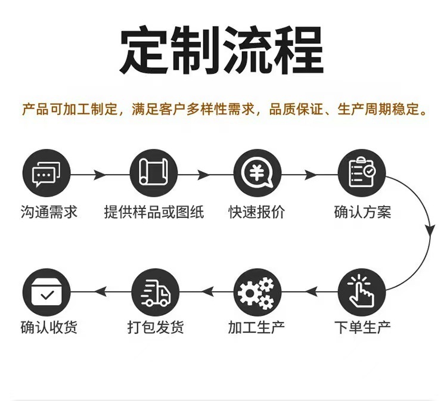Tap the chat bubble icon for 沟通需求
click(46, 175)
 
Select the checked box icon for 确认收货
click(46, 290)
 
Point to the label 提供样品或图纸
click(153, 213)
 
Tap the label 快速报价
click(257, 213)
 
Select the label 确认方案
click(363, 213)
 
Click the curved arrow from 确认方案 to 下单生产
click(428, 232)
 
